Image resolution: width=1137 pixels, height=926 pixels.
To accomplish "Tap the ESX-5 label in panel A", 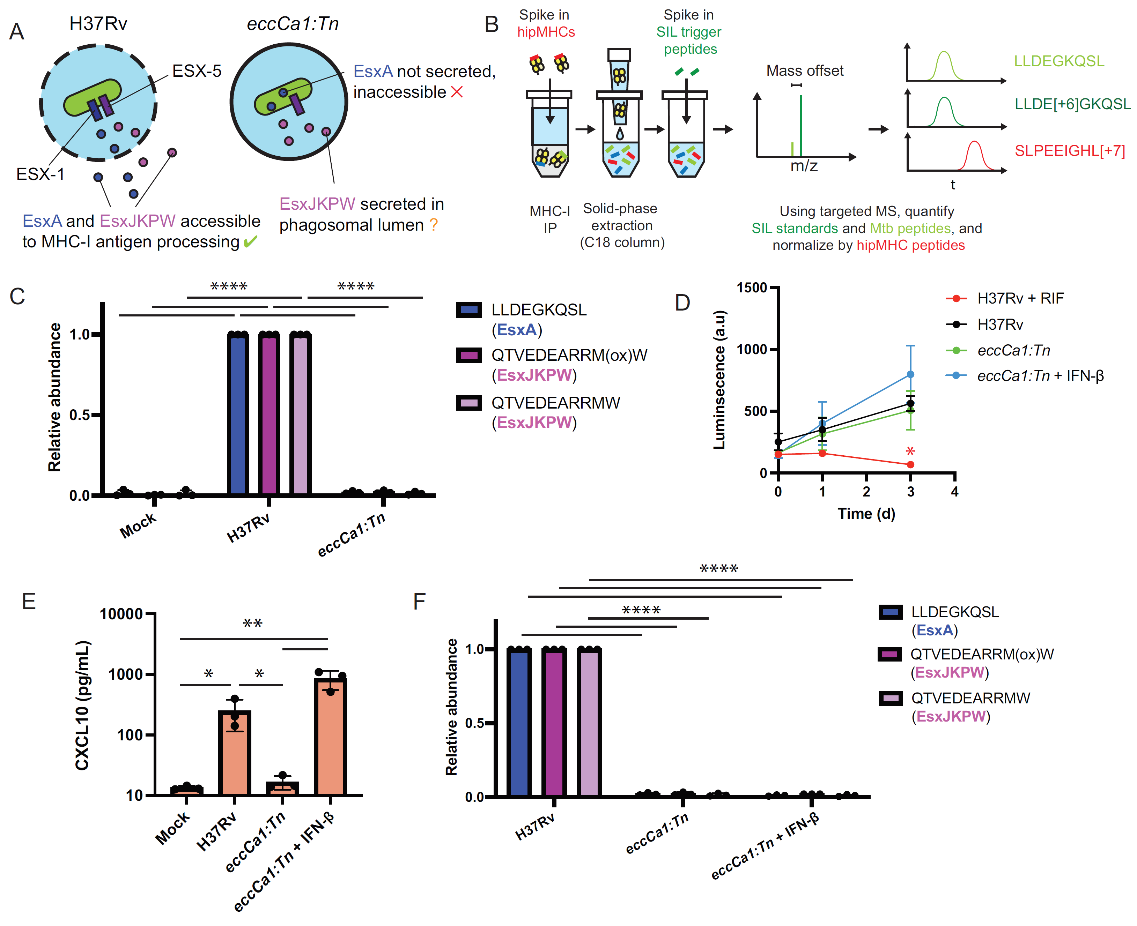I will click(x=196, y=71).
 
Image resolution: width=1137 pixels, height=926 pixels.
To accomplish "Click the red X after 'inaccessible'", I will click(x=457, y=92).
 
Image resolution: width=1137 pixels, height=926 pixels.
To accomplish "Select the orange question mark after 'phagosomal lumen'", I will click(x=433, y=225).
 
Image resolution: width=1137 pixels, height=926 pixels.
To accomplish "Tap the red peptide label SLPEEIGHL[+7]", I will click(x=1069, y=151).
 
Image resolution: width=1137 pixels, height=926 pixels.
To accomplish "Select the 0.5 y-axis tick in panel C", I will click(x=80, y=415).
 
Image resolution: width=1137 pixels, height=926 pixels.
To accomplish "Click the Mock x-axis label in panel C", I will click(x=138, y=525).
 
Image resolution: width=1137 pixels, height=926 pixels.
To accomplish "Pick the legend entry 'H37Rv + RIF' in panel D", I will click(x=1020, y=298).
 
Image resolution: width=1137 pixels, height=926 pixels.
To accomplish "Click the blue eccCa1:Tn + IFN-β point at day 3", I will click(x=910, y=374).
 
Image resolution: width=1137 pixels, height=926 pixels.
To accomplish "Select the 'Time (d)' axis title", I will click(x=866, y=514).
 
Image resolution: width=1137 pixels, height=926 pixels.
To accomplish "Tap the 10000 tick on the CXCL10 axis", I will click(x=121, y=614).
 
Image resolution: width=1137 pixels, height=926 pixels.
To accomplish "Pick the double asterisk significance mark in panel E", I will click(x=252, y=623).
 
